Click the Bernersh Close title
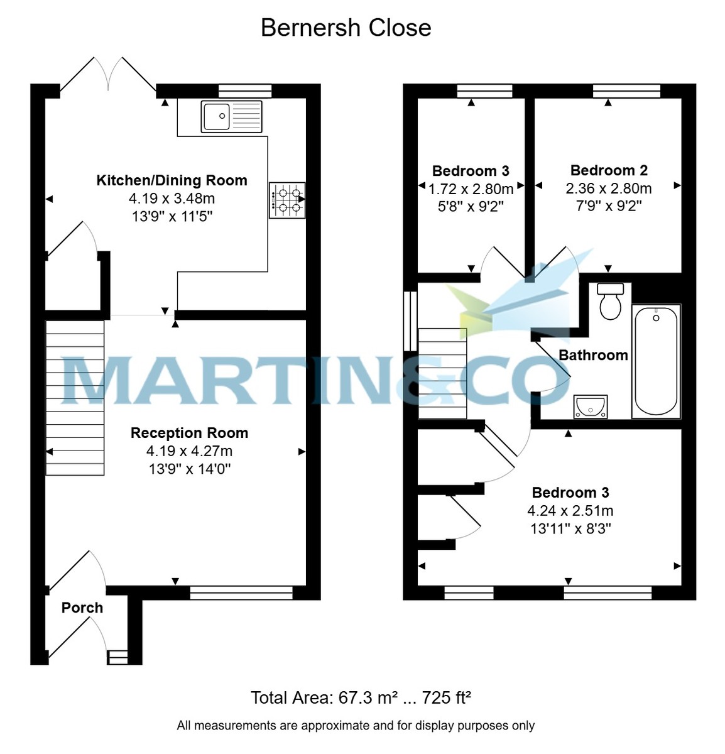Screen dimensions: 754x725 coord(346,28)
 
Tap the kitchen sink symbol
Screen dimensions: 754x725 coord(231,116)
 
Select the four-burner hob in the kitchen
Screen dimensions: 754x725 coord(287,200)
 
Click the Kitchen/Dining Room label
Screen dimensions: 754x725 coord(172,181)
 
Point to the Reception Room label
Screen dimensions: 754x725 coord(189,433)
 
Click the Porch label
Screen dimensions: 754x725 coord(82,608)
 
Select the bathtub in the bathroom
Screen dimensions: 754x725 coord(656,361)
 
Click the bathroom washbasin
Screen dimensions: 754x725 coord(591,407)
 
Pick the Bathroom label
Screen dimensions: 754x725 coord(593,355)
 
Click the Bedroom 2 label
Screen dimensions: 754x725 coord(609,170)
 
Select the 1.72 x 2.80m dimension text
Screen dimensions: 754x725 coord(471,188)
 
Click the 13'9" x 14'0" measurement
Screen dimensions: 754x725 coord(189,469)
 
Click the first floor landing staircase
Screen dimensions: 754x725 coord(443,374)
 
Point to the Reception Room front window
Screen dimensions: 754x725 coord(241,592)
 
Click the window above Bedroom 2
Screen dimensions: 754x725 coord(626,90)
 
